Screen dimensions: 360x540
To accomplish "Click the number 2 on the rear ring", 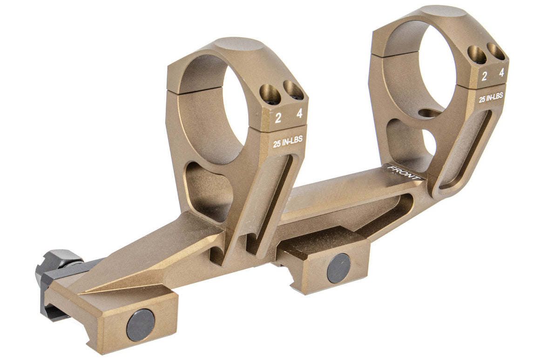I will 278,118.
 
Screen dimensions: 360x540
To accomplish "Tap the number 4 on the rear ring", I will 299,113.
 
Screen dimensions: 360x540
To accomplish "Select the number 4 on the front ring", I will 501,73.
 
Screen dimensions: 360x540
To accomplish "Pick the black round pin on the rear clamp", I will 141,325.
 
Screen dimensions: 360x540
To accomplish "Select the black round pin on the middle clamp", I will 338,268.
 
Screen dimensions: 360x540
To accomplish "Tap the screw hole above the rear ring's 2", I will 270,95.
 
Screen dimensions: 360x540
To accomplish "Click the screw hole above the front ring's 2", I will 477,55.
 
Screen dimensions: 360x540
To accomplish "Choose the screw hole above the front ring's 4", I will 496,51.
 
